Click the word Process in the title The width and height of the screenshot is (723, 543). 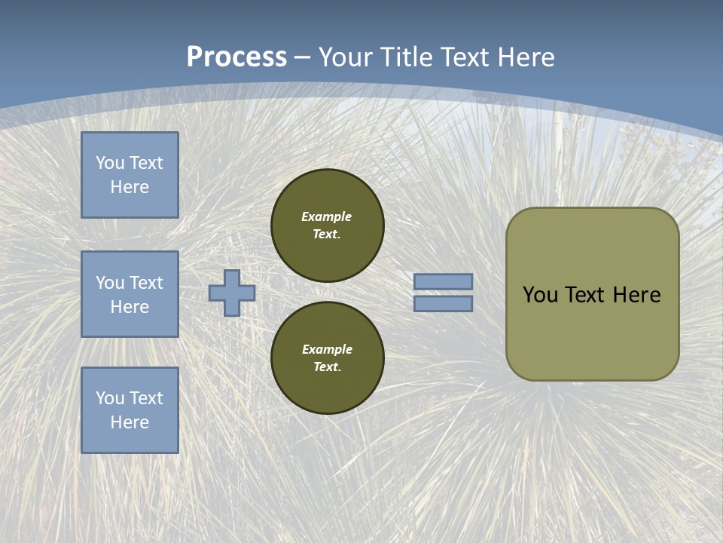[236, 57]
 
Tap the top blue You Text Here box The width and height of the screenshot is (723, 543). [130, 175]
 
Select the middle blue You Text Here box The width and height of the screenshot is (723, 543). [130, 294]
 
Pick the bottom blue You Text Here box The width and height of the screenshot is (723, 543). [130, 410]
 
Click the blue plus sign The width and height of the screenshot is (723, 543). [232, 293]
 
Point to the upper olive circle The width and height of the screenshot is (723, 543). [328, 225]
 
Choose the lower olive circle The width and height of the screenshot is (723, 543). [328, 358]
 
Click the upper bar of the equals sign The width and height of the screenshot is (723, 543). [444, 282]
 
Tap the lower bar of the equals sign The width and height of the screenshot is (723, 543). [444, 303]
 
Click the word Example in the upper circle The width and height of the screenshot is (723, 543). [327, 216]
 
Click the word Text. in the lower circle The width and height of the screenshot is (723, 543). [327, 367]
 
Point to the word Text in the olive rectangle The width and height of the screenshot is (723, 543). [586, 295]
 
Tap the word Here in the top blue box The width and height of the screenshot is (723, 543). [130, 187]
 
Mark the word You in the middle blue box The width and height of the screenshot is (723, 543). [109, 283]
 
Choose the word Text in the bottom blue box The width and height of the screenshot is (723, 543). [145, 398]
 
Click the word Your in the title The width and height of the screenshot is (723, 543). [344, 57]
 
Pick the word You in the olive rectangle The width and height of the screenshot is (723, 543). [540, 295]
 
